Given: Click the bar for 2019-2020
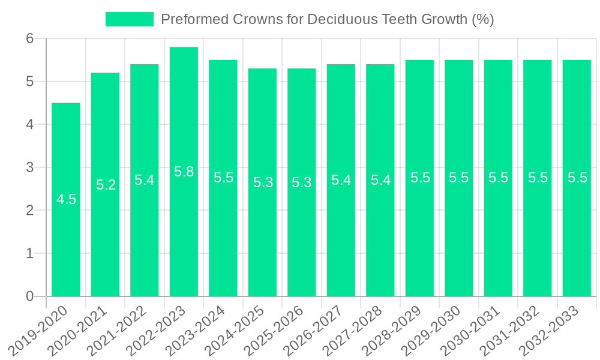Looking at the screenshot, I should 66,240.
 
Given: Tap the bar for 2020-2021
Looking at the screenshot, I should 105,240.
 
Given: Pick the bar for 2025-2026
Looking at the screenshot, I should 301,240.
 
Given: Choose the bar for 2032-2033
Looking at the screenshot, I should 577,240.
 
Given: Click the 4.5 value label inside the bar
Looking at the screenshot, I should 66,199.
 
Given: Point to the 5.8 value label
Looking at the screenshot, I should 184,172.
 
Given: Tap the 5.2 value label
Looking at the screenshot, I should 106,185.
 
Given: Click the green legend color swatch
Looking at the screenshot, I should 130,19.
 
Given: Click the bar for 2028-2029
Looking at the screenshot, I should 419,240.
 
